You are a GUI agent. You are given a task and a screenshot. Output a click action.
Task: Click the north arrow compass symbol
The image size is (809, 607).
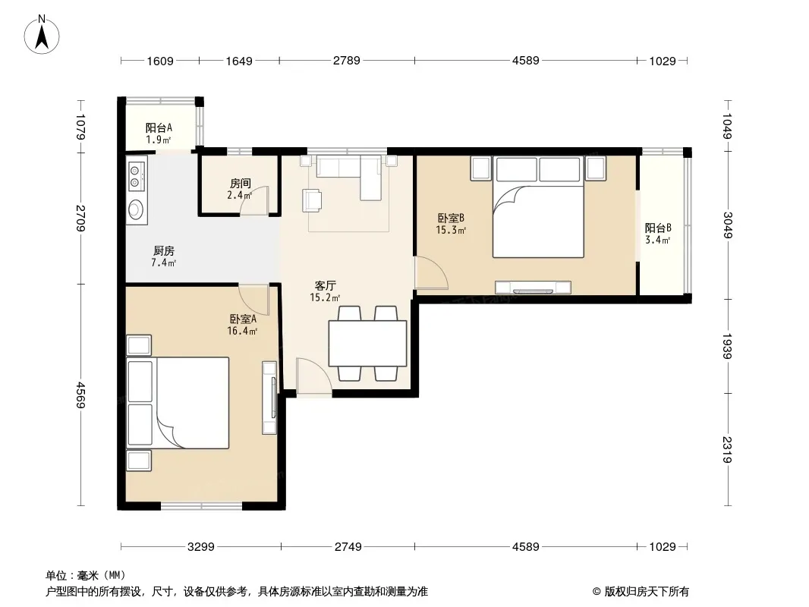[x=42, y=34]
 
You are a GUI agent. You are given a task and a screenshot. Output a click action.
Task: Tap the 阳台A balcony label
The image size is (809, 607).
[x=159, y=133]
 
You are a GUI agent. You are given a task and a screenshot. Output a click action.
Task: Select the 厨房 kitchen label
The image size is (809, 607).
[x=164, y=256]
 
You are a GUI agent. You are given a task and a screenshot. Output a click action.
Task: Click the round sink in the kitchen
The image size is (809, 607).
[x=136, y=209]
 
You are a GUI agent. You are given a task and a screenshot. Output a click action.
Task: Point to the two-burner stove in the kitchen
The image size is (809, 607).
[x=136, y=175]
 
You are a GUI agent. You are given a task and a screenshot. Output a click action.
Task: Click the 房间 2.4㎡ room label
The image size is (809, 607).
[x=240, y=189]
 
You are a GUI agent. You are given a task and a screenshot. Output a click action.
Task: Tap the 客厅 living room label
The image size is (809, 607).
[x=325, y=291]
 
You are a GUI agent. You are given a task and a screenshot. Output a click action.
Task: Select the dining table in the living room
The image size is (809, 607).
[x=367, y=344]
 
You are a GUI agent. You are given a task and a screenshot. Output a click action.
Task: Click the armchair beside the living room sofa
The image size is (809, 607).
[x=312, y=200]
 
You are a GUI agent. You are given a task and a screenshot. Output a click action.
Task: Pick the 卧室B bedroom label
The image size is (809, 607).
[x=451, y=224]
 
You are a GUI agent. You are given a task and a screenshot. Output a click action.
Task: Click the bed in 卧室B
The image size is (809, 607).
[x=538, y=207]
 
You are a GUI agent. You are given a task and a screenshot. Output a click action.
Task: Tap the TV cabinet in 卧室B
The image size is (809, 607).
[x=533, y=288]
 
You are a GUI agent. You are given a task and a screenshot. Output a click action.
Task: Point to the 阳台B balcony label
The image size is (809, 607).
[x=658, y=233]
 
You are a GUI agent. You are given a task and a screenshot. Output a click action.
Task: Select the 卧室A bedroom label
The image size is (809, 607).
[x=243, y=325]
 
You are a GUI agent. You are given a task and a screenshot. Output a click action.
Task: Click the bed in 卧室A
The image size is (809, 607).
[x=178, y=404]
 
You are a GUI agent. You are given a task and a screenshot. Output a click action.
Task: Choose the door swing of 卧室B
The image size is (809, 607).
[x=431, y=272]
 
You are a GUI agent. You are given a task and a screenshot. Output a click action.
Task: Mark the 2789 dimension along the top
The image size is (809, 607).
[x=346, y=61]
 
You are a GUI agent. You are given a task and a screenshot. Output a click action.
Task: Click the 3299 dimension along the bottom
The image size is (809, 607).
[x=200, y=546]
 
